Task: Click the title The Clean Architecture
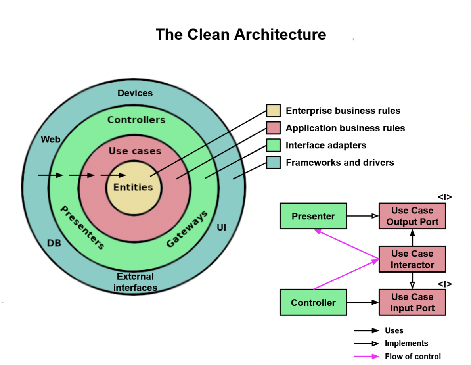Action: coord(241,35)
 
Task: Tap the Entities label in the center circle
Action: coord(133,187)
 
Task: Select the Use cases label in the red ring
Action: coord(135,151)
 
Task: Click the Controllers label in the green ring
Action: coord(136,120)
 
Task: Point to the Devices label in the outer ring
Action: coord(135,93)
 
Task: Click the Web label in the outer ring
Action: coord(51,140)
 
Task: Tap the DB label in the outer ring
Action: coord(54,243)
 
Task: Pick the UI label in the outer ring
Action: coord(222,228)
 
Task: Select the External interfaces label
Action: coord(135,282)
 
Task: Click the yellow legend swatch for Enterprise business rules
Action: coord(273,111)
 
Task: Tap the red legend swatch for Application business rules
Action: coord(273,128)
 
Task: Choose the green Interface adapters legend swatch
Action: coord(273,145)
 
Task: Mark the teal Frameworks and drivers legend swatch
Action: coord(273,162)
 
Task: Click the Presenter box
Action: coord(313,216)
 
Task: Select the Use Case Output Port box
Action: coord(412,216)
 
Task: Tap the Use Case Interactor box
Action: coord(412,259)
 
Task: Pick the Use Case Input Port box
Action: coord(412,302)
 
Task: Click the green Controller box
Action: coord(313,302)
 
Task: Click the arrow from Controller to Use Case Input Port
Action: coord(363,302)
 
